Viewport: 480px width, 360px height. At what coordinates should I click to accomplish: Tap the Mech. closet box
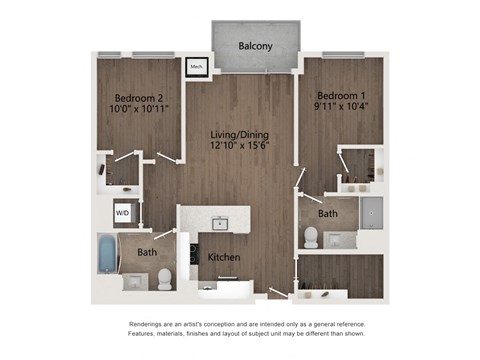(197, 68)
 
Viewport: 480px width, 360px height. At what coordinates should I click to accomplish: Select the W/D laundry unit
(122, 213)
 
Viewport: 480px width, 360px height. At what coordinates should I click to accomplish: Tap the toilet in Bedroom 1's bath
(310, 237)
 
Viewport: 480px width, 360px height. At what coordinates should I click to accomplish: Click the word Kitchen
(224, 258)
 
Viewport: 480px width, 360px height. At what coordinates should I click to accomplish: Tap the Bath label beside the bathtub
(147, 253)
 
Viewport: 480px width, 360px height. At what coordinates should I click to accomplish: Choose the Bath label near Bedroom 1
(328, 213)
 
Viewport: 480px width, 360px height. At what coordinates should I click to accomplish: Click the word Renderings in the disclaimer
(150, 325)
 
